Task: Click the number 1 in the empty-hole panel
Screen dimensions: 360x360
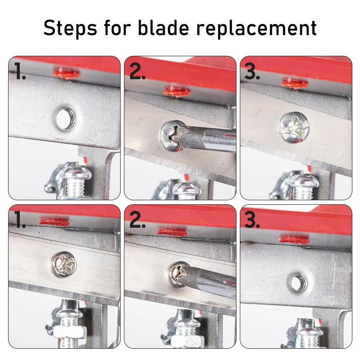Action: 19,72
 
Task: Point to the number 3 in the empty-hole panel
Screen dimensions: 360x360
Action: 252,220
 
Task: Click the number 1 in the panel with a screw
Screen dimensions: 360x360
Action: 19,220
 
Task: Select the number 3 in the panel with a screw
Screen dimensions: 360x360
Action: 252,72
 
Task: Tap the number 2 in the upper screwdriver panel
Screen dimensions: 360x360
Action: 137,72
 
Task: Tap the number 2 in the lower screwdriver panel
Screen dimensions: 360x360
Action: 137,220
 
